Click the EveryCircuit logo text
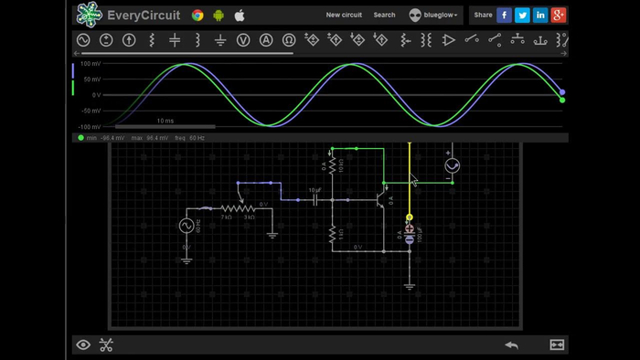[x=144, y=15]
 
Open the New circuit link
[x=344, y=16]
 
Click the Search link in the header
[x=384, y=16]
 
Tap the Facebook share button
[x=505, y=15]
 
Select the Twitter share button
[x=522, y=15]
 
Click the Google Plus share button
[x=559, y=15]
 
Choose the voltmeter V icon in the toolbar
[x=243, y=40]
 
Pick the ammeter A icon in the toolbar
[x=266, y=40]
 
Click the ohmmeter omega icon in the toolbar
[x=289, y=40]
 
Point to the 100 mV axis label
[x=90, y=64]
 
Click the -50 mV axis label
[x=90, y=111]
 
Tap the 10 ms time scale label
[x=165, y=121]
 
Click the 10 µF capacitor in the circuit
[x=315, y=198]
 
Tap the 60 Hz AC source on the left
[x=187, y=226]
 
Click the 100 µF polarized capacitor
[x=410, y=237]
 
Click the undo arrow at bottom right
[x=512, y=344]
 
